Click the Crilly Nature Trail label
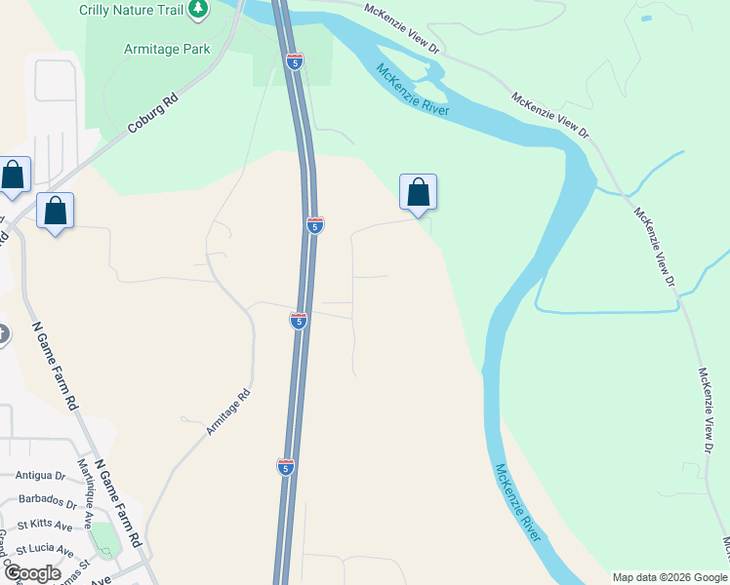coord(132,9)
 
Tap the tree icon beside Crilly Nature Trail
coord(198,9)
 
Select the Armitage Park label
coord(167,50)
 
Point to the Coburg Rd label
coord(154,114)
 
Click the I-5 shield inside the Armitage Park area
coord(295,61)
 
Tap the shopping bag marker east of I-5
coord(418,192)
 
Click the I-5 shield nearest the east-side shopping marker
coord(314,225)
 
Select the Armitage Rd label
coord(228,411)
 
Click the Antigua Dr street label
coord(40,477)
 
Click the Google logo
coord(32,573)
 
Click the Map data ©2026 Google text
coord(669,577)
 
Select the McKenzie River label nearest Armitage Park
coord(413,90)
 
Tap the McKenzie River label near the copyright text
coord(518,503)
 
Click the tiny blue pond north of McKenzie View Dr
coord(645,18)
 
